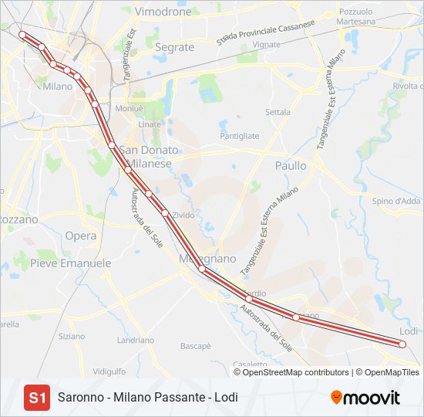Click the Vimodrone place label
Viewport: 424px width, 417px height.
163,12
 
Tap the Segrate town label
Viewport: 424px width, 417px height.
174,47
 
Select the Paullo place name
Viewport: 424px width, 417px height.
291,165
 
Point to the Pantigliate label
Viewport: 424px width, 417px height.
240,136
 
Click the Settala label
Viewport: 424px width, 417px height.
278,112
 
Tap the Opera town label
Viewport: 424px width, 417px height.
81,236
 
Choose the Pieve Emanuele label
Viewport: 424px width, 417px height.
70,263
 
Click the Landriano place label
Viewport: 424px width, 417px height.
136,340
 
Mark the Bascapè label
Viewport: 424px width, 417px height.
196,347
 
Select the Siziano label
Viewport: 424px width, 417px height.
72,337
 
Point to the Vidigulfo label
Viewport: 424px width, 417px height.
109,371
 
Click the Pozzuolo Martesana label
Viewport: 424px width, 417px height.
355,16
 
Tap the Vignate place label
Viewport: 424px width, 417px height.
267,45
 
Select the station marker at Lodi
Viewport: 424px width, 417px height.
402,344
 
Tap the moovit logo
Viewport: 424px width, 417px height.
365,398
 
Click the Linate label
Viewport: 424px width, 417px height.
150,124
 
